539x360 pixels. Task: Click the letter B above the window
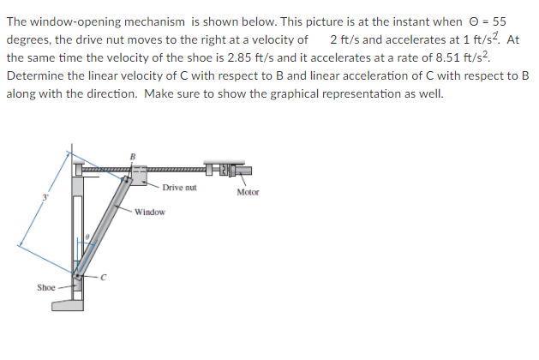pyautogui.click(x=132, y=155)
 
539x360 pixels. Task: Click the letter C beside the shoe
pyautogui.click(x=104, y=276)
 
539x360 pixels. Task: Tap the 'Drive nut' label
pyautogui.click(x=179, y=186)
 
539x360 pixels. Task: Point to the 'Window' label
pyautogui.click(x=149, y=210)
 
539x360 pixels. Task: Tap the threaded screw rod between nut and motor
pyautogui.click(x=175, y=170)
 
